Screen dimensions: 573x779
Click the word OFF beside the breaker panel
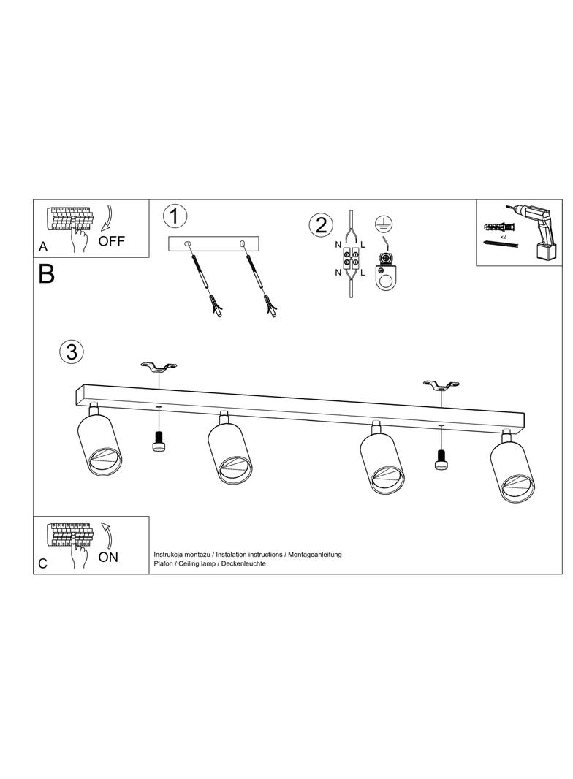point(111,241)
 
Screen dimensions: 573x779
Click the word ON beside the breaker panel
point(108,557)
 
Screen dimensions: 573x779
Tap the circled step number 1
point(175,217)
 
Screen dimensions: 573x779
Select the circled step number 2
point(321,224)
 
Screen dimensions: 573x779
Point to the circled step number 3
point(72,351)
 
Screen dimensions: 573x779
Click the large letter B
point(46,273)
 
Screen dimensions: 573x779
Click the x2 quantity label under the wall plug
point(503,237)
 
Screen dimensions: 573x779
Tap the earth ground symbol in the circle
point(382,224)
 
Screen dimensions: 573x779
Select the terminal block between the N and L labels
point(351,258)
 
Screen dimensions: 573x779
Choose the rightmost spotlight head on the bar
point(514,467)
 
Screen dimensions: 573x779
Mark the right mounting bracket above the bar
point(441,384)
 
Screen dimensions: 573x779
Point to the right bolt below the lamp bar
point(441,459)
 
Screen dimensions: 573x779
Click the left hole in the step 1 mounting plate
point(187,243)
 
